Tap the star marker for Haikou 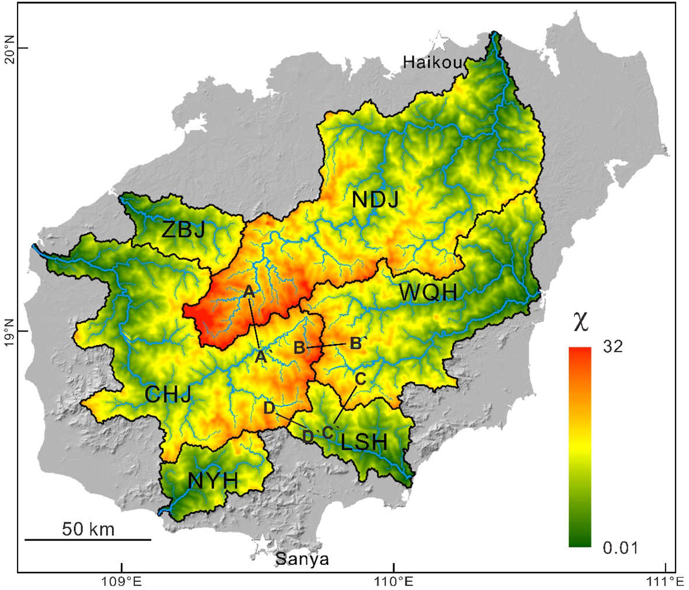click(439, 42)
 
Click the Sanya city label click(302, 560)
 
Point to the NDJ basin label click(376, 200)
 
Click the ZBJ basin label click(183, 230)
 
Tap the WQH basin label click(428, 292)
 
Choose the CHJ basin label click(168, 395)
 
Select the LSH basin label click(364, 442)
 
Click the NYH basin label click(213, 481)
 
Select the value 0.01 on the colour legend click(620, 547)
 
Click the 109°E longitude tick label click(122, 581)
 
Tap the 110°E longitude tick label click(394, 581)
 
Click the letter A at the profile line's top click(249, 291)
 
